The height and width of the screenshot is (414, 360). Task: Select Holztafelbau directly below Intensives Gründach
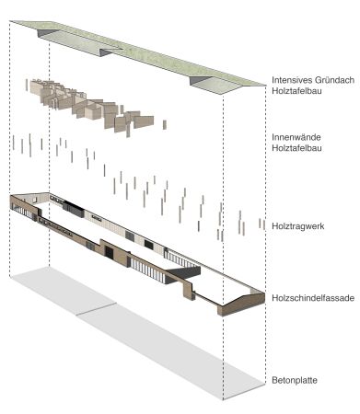[293, 92]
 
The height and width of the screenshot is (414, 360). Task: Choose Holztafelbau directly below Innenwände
[293, 150]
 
